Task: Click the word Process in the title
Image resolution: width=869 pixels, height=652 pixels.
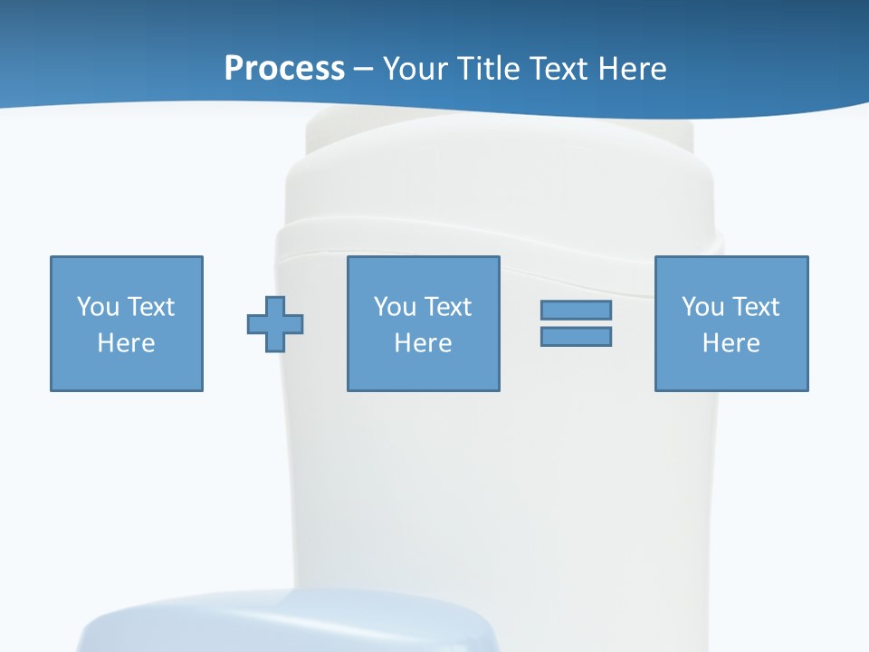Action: click(x=284, y=69)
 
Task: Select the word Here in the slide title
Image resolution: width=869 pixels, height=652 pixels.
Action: click(x=630, y=69)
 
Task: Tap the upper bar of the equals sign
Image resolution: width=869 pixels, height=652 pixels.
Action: click(x=576, y=310)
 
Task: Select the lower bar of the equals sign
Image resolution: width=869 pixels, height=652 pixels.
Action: click(x=576, y=337)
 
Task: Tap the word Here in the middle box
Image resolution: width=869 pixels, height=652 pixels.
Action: click(x=424, y=343)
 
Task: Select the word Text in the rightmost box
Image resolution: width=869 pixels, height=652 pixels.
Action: click(x=755, y=307)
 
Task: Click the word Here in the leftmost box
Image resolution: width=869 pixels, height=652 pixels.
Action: click(x=127, y=343)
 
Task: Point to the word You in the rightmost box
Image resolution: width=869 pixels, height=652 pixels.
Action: click(x=702, y=307)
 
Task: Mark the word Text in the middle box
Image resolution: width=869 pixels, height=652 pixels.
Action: click(x=447, y=307)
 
